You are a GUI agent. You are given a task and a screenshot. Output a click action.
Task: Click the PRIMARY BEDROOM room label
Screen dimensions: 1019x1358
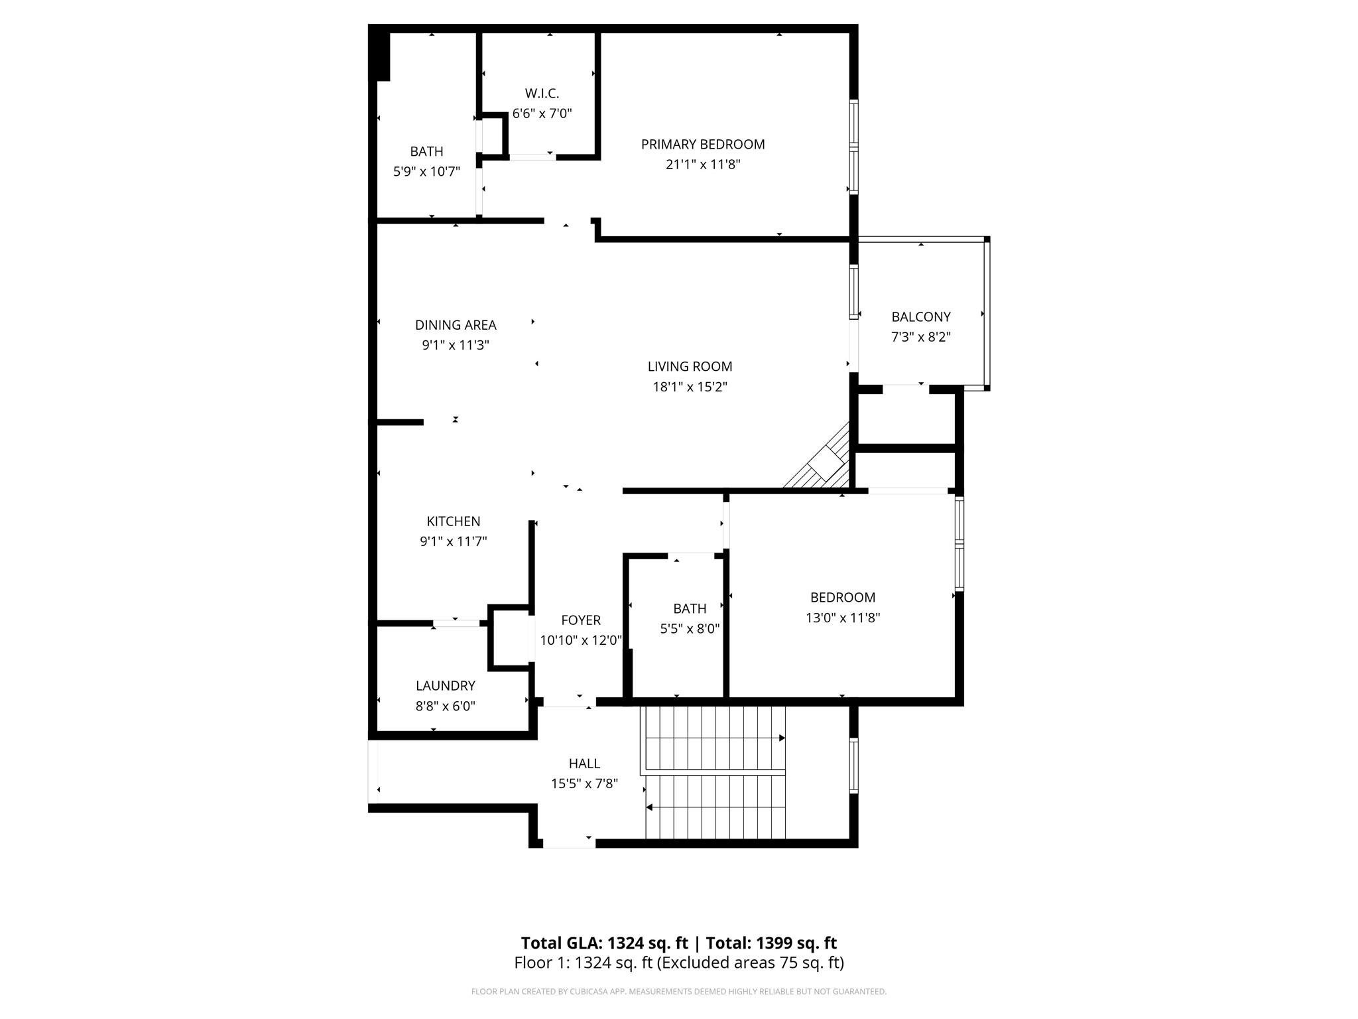[x=703, y=144]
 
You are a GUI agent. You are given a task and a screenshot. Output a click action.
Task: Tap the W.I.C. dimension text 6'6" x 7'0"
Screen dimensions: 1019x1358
[x=542, y=113]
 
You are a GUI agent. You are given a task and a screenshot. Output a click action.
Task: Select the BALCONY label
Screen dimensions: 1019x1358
[x=920, y=316]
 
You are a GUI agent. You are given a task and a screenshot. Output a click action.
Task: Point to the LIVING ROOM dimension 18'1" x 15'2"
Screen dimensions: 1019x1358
[x=690, y=387]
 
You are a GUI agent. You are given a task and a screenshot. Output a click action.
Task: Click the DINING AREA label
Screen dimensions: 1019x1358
[x=456, y=324]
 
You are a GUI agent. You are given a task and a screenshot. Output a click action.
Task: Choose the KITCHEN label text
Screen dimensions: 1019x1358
[x=453, y=521]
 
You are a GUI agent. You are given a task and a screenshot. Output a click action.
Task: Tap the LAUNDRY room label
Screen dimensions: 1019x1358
[x=445, y=685]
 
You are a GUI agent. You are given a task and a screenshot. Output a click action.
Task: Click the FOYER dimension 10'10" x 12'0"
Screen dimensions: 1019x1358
[x=581, y=640]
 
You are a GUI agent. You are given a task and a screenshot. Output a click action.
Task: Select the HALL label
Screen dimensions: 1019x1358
[x=584, y=763]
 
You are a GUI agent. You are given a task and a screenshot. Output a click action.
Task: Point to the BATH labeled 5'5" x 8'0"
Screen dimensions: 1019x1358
[x=690, y=608]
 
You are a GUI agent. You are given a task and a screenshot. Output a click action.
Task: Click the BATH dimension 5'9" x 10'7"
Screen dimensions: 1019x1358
[x=426, y=172]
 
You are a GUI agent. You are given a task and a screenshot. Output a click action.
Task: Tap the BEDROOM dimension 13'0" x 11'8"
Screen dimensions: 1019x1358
[x=842, y=618]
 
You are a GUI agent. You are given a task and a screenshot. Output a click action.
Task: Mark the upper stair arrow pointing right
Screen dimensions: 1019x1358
[x=782, y=738]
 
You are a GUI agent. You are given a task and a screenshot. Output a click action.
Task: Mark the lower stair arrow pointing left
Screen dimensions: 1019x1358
[x=650, y=807]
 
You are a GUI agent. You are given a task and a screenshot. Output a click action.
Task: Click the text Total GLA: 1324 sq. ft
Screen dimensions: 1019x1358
[x=604, y=943]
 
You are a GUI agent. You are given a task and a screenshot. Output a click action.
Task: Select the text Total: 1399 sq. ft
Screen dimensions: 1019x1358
[x=771, y=943]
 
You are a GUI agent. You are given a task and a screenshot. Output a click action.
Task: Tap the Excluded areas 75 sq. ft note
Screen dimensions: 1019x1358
[x=750, y=963]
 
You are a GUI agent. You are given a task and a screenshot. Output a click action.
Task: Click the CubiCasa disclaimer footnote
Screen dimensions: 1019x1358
[x=678, y=992]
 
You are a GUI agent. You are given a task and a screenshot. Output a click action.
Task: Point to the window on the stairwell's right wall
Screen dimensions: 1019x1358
[x=854, y=766]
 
